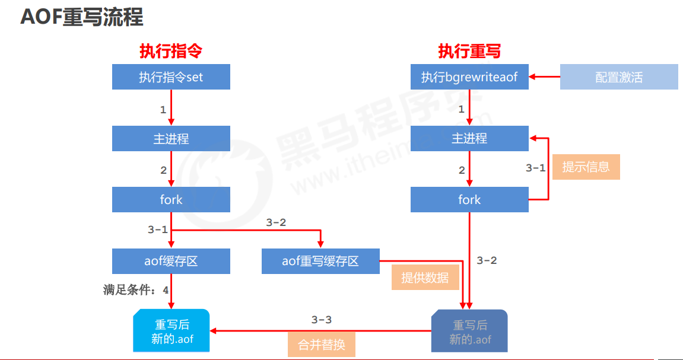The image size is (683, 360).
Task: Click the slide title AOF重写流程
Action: (82, 17)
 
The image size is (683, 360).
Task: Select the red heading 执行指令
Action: (171, 51)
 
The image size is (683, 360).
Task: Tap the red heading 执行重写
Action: (469, 51)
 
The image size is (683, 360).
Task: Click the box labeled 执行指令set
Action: (171, 77)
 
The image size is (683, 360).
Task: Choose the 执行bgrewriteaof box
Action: (469, 77)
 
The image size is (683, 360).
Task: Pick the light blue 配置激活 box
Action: (619, 77)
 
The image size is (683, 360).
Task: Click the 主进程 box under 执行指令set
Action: (171, 139)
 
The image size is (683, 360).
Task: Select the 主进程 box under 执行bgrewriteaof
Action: (469, 139)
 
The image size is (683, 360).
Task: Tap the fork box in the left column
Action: (171, 200)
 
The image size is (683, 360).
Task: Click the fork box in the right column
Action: (469, 200)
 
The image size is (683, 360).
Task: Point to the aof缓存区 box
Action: (171, 261)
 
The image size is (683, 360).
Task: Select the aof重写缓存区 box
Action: (320, 261)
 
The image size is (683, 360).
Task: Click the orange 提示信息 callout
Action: (586, 167)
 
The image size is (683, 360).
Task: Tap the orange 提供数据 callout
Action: (425, 278)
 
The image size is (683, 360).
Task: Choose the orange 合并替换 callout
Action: (322, 344)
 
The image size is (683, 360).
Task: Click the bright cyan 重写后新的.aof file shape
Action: (172, 331)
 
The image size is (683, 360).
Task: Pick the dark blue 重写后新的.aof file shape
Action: (470, 331)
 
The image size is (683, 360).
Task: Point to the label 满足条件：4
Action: (136, 290)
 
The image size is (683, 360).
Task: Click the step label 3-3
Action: (322, 320)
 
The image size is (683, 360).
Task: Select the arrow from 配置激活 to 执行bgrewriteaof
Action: (544, 77)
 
